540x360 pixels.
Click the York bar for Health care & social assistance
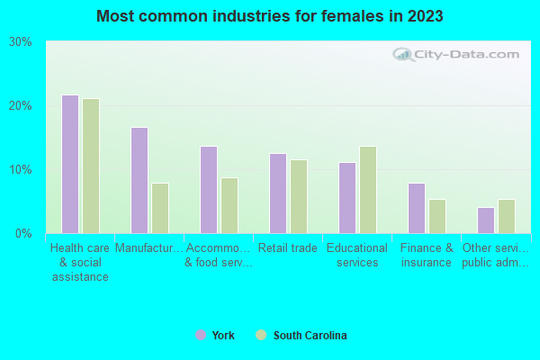(70, 164)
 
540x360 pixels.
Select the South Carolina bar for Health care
(91, 166)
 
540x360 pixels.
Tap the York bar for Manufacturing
(139, 180)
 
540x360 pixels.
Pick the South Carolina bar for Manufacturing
(160, 208)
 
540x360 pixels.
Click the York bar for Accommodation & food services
(209, 189)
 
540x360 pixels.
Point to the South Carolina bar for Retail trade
(299, 196)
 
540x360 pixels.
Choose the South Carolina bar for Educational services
(368, 189)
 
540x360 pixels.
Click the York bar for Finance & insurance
(417, 208)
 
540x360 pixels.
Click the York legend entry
(216, 336)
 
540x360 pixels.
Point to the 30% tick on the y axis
(21, 42)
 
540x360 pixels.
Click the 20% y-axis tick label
(21, 106)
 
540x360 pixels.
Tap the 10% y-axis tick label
(21, 170)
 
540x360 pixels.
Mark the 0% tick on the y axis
(23, 234)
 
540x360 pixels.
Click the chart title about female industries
(270, 16)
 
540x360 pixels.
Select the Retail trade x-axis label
(287, 248)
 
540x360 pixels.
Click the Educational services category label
(356, 256)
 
